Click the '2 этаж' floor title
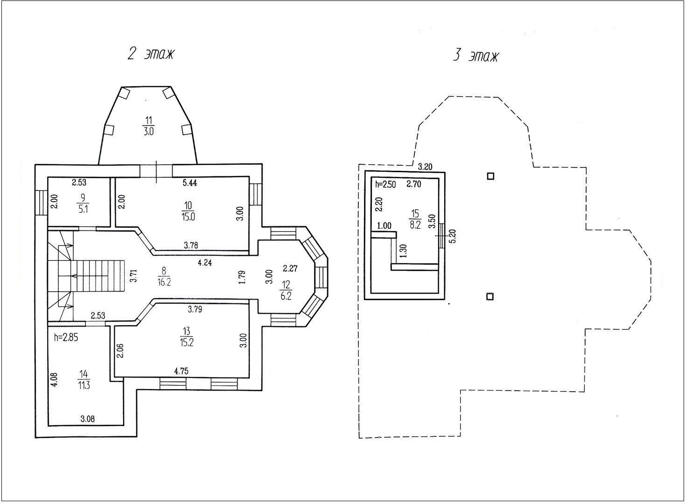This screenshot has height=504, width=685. pos(151,54)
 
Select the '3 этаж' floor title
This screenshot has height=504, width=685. pos(476,56)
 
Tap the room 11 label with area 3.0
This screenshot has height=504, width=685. pos(148,126)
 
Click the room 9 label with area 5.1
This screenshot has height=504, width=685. pos(83,203)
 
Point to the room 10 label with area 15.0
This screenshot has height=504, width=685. pos(188,211)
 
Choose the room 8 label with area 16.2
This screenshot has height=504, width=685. pos(164,276)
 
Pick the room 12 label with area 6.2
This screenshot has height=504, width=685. pos(286,290)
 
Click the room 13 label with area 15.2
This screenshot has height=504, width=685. pos(187,336)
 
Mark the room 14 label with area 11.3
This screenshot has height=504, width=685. pos(84,379)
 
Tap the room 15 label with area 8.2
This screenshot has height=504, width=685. pos(415,219)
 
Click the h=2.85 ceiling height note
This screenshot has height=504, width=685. pos(66,337)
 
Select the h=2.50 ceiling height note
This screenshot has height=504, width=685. pos(385,184)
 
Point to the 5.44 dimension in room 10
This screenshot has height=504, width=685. pos(189,183)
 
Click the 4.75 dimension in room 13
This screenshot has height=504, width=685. pos(181,371)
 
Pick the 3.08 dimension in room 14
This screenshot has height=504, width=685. pos(87,419)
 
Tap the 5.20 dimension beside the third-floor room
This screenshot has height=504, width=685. pos(453,236)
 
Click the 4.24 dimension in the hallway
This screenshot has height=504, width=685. pos(204,262)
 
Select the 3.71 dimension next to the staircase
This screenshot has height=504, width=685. pos(133,275)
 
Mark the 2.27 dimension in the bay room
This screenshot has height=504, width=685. pos(290,268)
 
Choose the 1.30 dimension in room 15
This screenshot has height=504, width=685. pos(403,251)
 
